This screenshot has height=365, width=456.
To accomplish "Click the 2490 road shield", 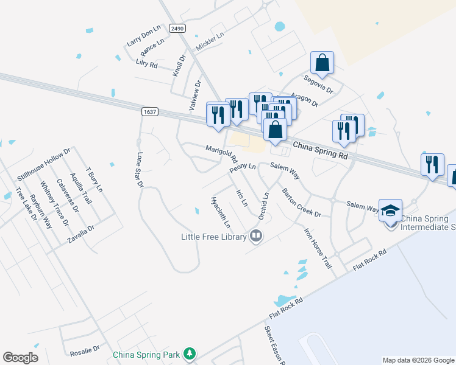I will coord(177,29).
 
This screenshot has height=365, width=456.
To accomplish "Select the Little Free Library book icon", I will coord(257,237).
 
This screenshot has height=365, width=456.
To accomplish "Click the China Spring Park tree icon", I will coord(190,354).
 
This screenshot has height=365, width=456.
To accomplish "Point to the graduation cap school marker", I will coord(390,211).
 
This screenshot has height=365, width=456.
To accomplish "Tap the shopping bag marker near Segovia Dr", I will coord(322,63).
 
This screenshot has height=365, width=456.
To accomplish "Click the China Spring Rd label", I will coord(320,151).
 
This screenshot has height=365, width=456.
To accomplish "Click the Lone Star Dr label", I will coord(140,169).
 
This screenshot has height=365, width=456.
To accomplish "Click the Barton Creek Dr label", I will coord(301,203).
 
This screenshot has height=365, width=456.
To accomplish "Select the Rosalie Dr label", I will coord(84,350).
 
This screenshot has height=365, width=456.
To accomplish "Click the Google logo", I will coord(21,358).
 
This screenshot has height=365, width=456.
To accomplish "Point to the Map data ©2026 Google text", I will coord(418,360).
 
